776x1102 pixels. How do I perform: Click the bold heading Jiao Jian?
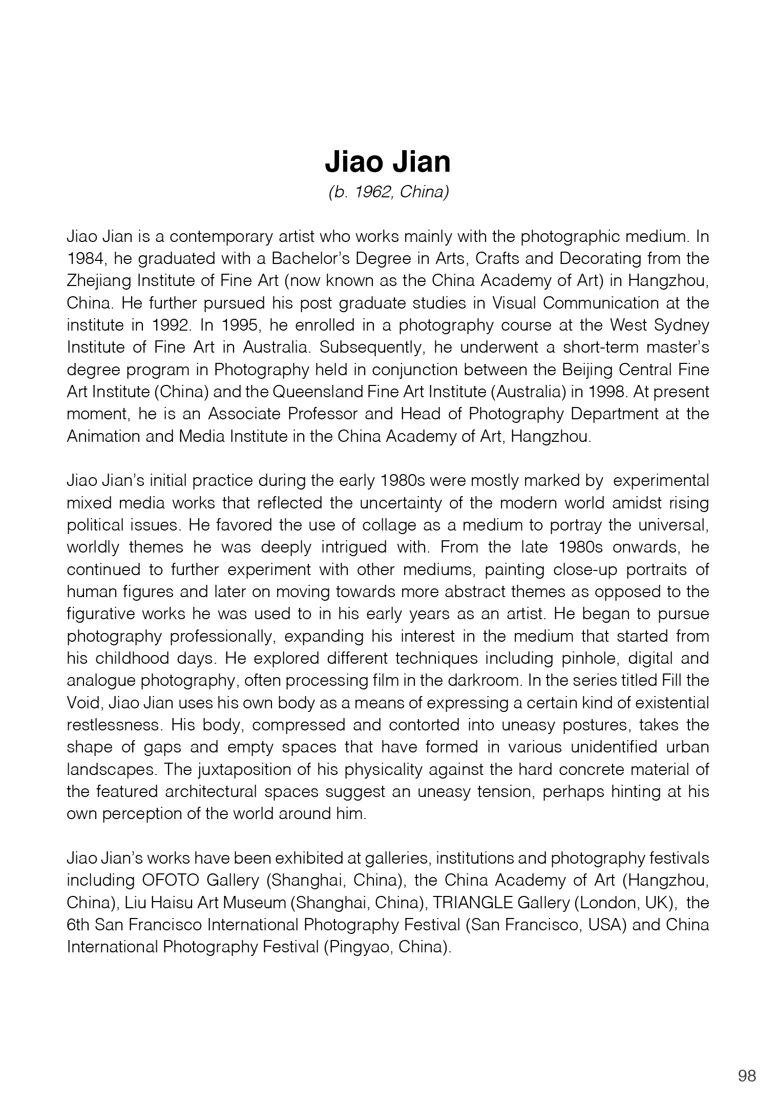point(388,162)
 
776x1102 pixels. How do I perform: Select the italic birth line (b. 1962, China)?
point(388,192)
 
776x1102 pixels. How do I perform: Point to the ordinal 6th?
point(78,925)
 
